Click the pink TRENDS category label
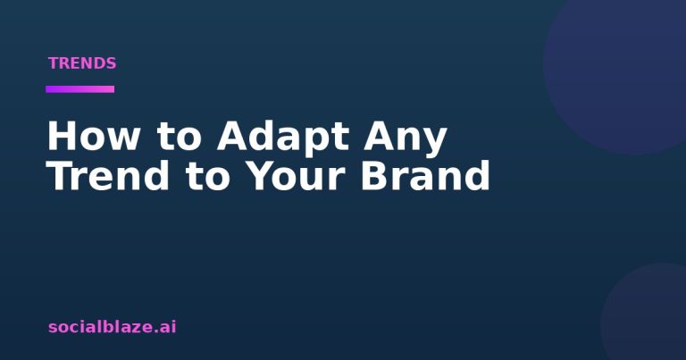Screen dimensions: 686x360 click(82, 63)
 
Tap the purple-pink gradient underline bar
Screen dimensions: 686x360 click(80, 89)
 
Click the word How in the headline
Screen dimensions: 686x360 click(93, 136)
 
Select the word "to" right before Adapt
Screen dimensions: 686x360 click(179, 137)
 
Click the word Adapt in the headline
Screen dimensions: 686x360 click(283, 138)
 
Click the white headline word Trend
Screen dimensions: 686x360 click(108, 175)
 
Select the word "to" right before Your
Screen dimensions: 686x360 click(207, 176)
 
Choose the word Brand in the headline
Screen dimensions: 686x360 click(425, 174)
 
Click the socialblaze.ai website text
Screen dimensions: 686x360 click(112, 327)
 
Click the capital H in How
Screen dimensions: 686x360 click(62, 136)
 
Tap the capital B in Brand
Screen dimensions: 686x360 click(374, 175)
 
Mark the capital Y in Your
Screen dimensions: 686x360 click(260, 175)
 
